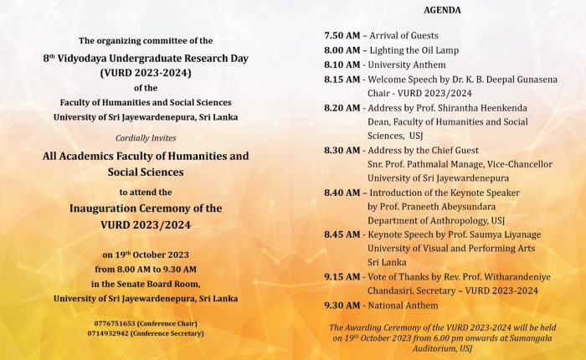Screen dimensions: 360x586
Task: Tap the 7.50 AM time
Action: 342,36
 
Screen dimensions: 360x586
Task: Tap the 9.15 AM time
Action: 342,277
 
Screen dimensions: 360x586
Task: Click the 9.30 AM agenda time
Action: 342,306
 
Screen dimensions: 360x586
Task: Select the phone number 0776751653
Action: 118,322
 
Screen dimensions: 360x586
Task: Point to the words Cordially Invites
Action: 146,138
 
